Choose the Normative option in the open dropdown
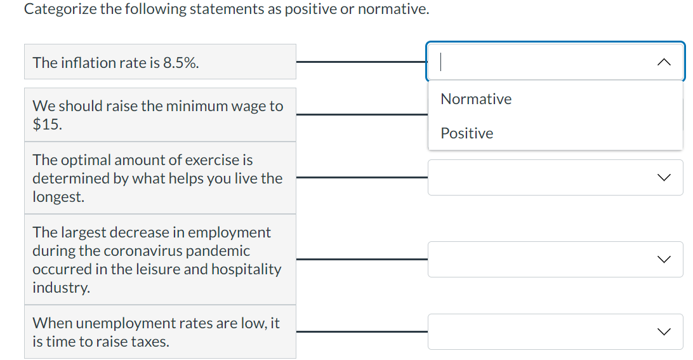click(476, 99)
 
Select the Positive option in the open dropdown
click(466, 133)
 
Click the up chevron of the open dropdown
click(664, 62)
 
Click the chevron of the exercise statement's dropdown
click(664, 178)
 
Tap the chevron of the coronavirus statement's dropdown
click(664, 259)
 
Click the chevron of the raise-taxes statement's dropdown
click(664, 331)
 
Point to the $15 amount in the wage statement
click(48, 124)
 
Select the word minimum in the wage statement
click(199, 106)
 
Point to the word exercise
click(216, 160)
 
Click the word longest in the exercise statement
click(58, 197)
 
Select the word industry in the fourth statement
click(60, 288)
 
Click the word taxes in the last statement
click(150, 342)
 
